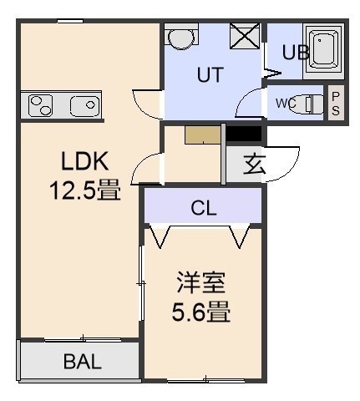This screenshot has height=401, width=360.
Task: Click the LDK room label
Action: point(84,161)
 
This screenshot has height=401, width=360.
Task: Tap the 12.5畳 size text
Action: point(85,190)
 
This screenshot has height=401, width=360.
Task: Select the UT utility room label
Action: point(210,74)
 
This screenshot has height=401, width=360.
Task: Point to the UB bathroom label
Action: point(296,52)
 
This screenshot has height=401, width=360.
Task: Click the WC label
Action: point(286,104)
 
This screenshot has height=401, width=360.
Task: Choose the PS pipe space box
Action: point(336,103)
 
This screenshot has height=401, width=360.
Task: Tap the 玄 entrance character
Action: point(254,164)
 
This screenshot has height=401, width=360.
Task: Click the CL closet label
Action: point(204,208)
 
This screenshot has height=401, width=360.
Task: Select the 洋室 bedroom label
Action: point(201,282)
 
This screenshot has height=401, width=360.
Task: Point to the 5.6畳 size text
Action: point(201,312)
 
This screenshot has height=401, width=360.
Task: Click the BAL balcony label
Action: point(82,362)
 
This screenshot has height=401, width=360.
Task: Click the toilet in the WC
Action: point(307,104)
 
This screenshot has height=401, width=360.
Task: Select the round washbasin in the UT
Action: point(181,38)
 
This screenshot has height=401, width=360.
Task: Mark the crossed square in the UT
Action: point(245,36)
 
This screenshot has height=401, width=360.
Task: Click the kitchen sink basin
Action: point(85,106)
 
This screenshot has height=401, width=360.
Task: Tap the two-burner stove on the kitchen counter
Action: point(41,105)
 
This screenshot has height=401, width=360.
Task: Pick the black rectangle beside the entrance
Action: point(244,135)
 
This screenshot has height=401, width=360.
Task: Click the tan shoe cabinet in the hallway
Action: point(203,135)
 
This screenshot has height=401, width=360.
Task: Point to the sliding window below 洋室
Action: point(206,380)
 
